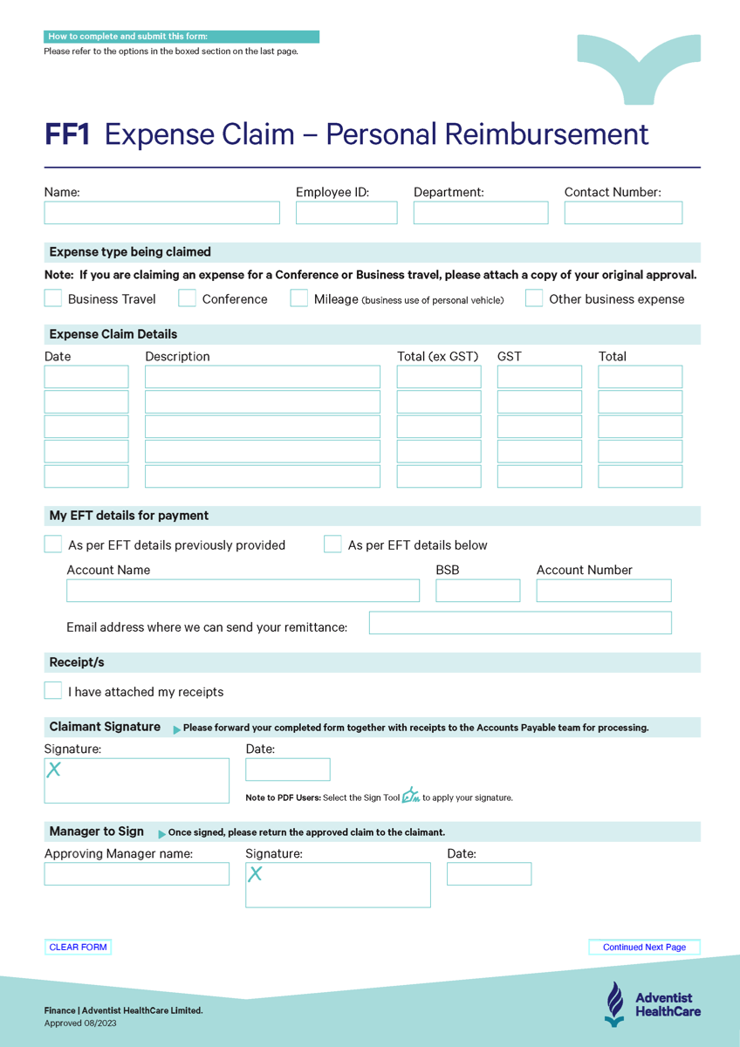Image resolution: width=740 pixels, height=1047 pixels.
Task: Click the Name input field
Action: coord(161,213)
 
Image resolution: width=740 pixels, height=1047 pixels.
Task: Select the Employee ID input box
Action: coord(346,213)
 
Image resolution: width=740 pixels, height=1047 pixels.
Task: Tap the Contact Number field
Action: coord(623,213)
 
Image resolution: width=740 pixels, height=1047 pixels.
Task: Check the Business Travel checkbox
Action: coord(53,298)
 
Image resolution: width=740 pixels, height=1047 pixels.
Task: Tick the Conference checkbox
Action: coord(188,298)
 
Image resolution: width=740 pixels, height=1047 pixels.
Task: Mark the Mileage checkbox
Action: coord(299,298)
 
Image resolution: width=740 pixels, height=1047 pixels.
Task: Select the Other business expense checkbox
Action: coord(534,298)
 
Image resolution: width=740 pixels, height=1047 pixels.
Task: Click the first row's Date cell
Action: coord(86,377)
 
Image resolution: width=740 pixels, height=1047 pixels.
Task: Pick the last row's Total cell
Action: coord(640,476)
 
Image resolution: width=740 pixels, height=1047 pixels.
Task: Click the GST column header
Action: coord(510,356)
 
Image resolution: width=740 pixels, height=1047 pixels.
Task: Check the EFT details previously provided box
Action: coord(53,544)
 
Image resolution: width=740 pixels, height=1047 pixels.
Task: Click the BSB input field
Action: coord(477,591)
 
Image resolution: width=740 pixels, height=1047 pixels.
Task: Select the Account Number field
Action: coord(603,591)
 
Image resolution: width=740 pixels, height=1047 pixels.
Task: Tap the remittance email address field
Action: coord(520,623)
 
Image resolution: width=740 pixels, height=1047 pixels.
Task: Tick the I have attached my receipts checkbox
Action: coord(53,691)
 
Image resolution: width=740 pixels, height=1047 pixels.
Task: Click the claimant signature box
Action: coord(137,781)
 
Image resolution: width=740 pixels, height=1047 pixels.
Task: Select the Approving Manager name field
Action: coord(137,874)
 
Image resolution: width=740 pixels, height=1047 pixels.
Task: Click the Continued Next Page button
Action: coord(644,948)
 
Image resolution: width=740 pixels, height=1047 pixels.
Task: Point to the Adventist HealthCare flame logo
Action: coord(615,1003)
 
